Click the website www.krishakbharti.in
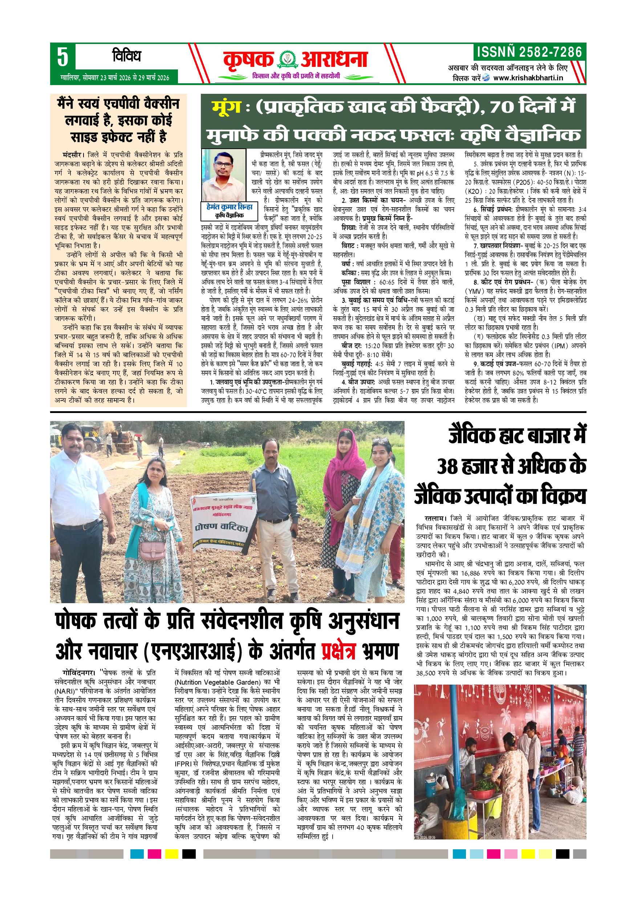click(x=528, y=78)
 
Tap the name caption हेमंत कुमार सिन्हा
click(x=225, y=207)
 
